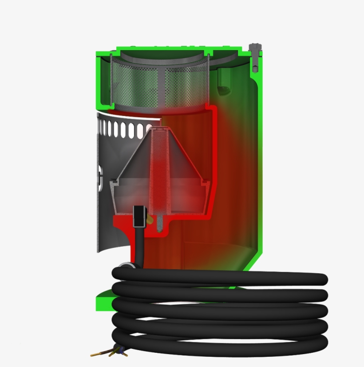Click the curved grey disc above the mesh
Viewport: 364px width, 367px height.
tap(160, 55)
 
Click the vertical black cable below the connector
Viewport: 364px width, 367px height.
tap(139, 244)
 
